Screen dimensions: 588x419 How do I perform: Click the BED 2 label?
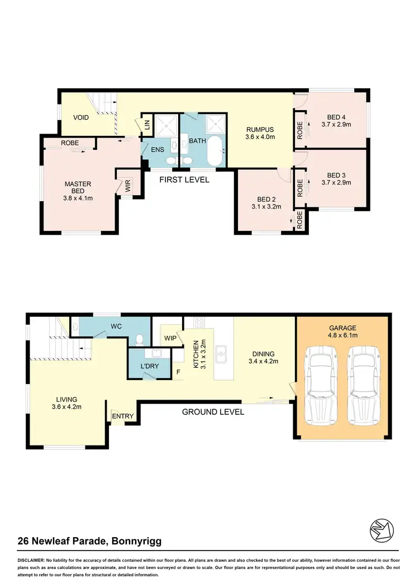266,200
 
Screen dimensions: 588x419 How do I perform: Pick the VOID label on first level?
82,118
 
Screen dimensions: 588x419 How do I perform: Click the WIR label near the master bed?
128,187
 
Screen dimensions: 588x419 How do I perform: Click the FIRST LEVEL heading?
184,180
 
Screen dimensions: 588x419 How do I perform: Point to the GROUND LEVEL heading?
213,412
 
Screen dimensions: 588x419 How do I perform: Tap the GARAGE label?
342,328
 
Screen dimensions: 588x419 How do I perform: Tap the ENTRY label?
123,416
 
